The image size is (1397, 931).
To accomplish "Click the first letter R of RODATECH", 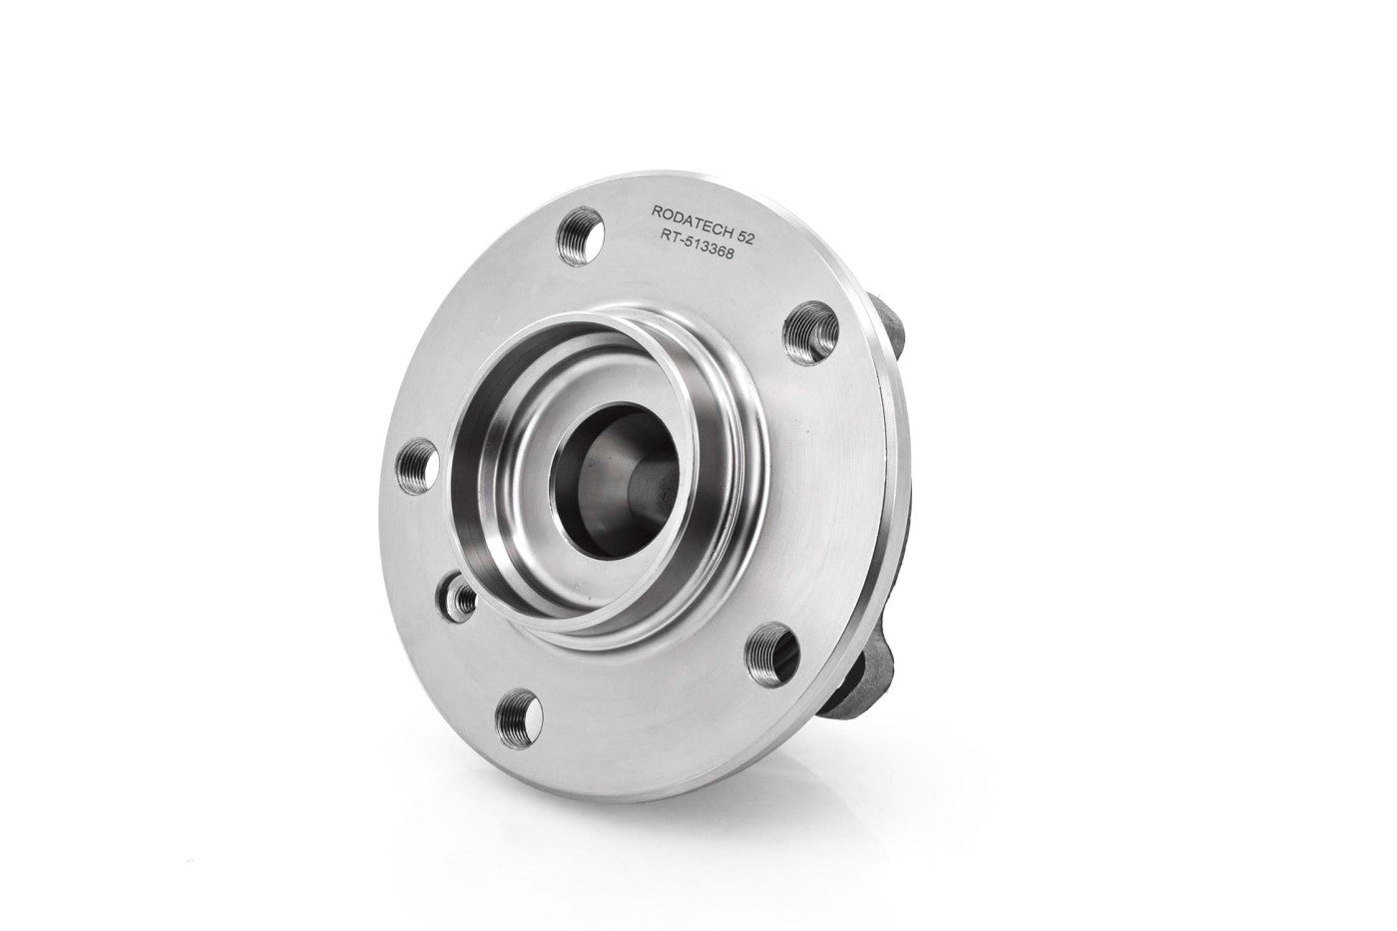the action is click(x=657, y=211).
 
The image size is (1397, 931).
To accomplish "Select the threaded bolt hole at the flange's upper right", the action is click(x=810, y=332).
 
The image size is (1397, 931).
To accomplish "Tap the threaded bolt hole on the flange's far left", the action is click(x=417, y=466).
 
